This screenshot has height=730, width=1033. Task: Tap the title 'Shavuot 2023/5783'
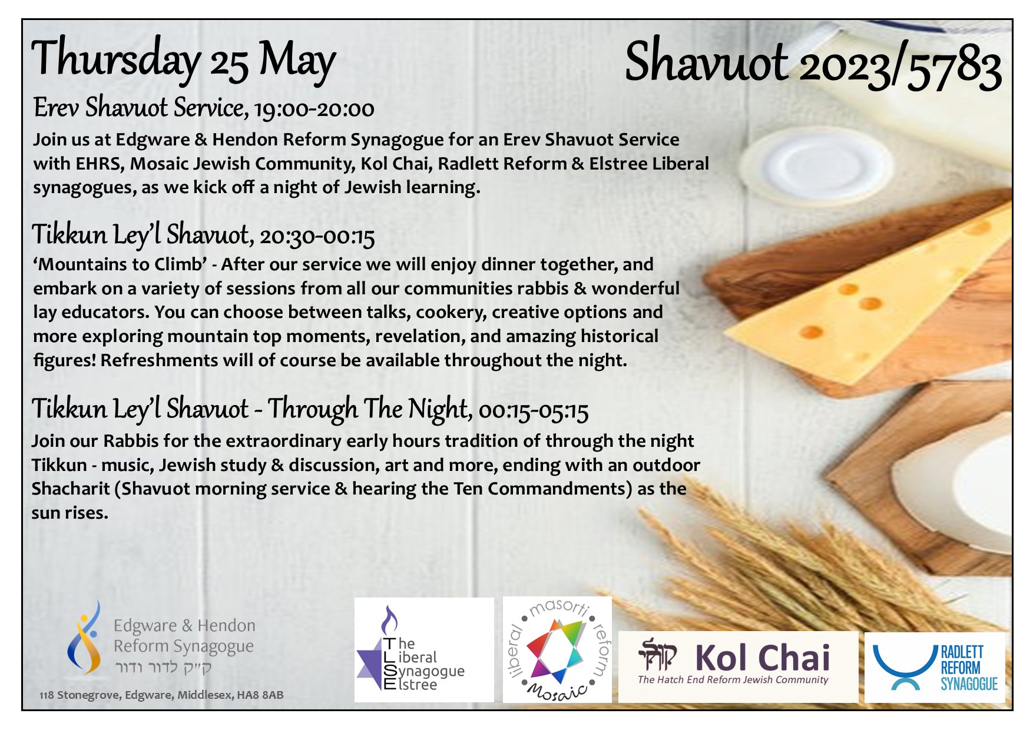point(813,64)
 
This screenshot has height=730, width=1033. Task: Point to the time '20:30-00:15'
point(317,236)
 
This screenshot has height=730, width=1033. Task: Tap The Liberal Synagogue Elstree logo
point(424,650)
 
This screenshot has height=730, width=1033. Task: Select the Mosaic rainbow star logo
point(557,650)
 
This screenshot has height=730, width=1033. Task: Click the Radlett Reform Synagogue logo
point(935,668)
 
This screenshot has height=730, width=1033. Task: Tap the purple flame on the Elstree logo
point(389,619)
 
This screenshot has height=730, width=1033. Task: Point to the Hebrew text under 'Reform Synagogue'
point(163,668)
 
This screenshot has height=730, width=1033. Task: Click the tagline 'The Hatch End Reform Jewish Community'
point(733,680)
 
